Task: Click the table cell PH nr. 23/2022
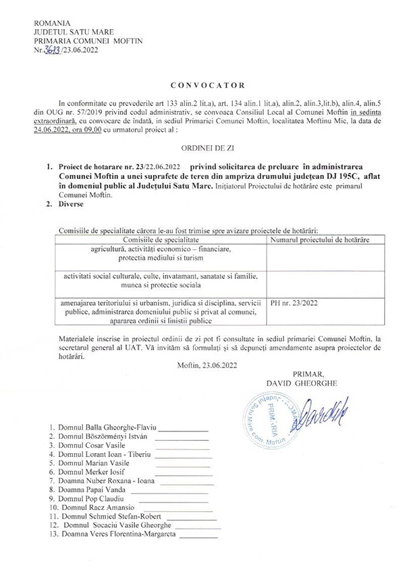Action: coord(294,304)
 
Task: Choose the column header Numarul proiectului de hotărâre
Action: coord(315,240)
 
